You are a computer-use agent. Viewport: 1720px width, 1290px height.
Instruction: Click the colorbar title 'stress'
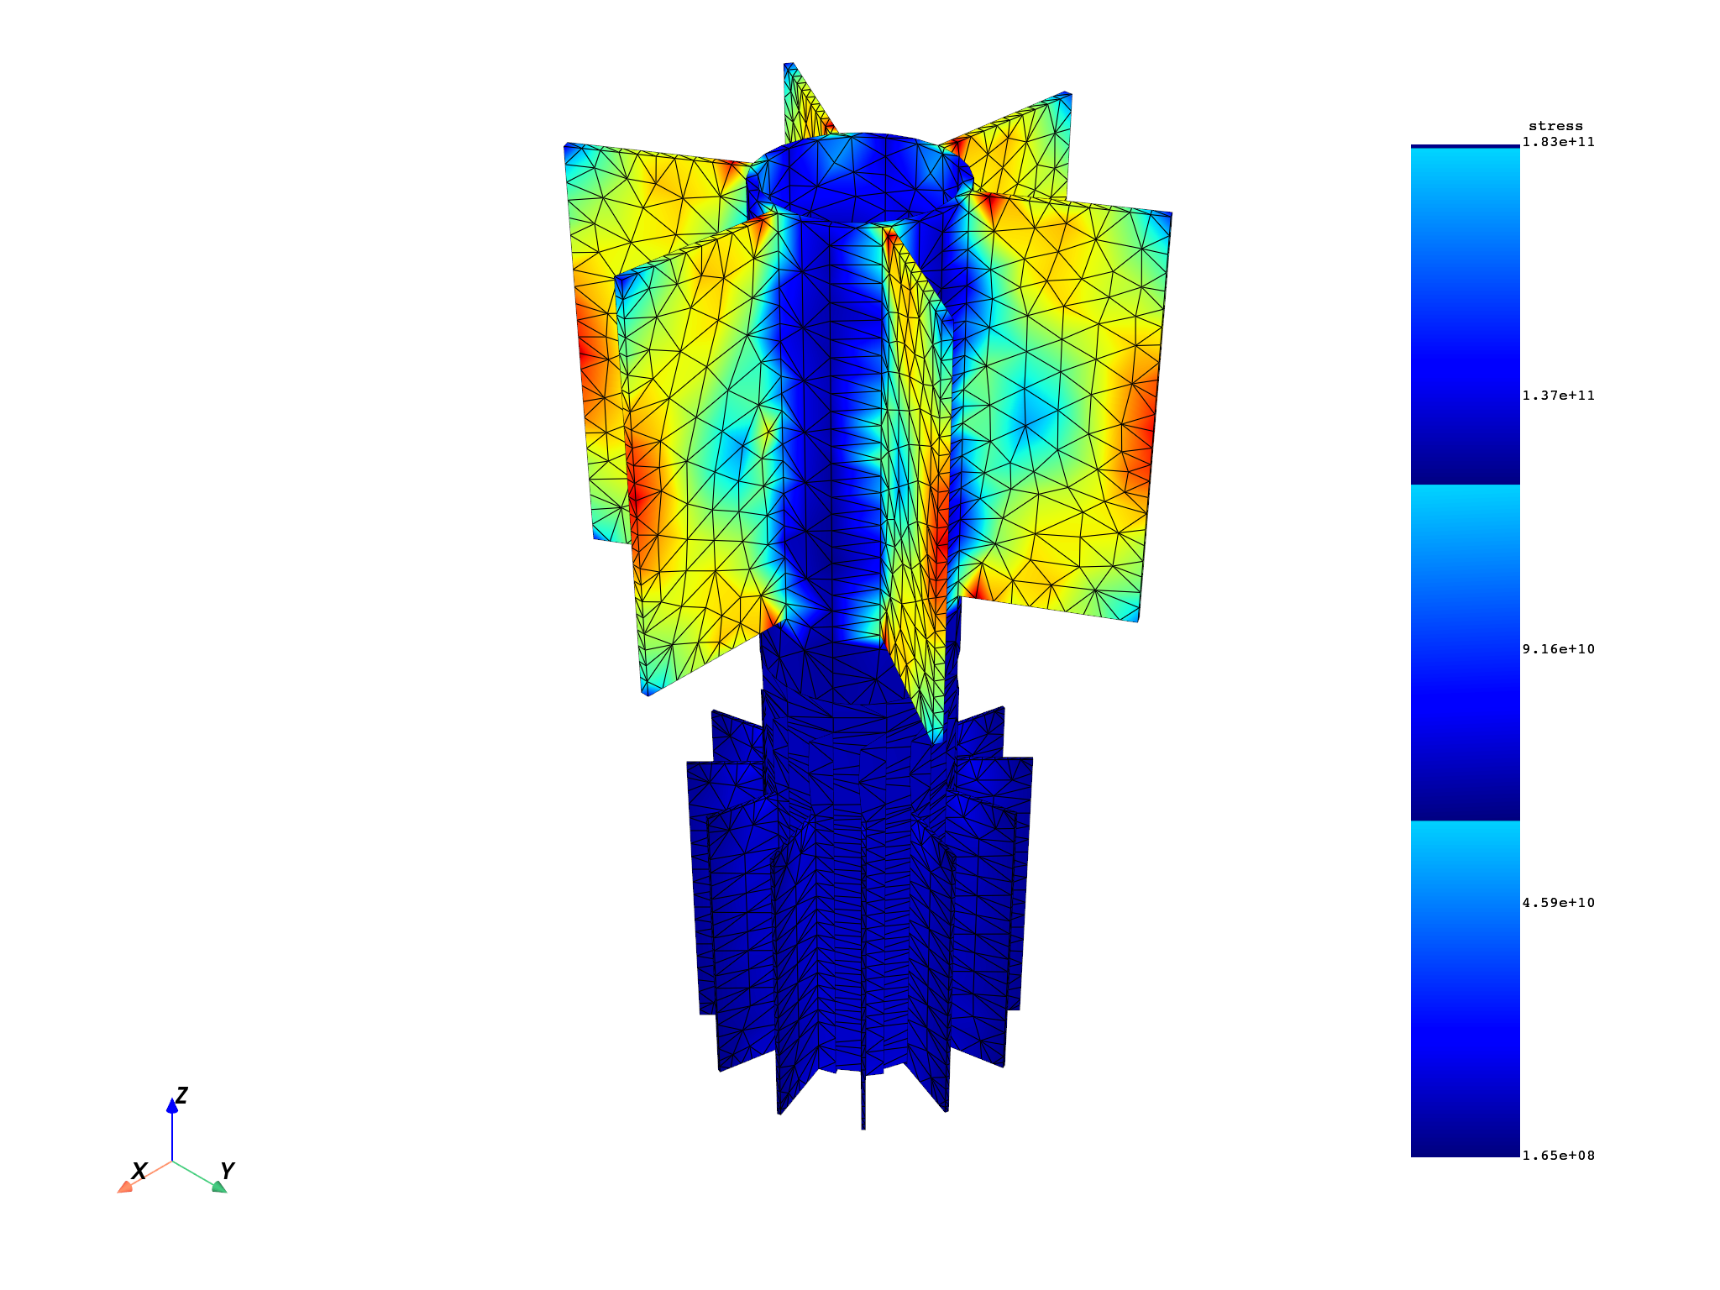click(1555, 127)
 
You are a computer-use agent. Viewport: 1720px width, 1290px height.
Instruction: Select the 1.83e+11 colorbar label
click(1558, 142)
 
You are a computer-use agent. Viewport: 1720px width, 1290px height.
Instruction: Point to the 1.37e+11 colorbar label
click(1558, 396)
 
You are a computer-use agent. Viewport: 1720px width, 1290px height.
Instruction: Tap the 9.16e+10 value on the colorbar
click(1558, 649)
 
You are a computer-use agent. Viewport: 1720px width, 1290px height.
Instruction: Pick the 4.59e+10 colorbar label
click(1558, 903)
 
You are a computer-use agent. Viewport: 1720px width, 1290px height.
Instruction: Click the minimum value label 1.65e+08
click(1558, 1156)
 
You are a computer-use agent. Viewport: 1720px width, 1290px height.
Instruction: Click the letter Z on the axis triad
click(181, 1096)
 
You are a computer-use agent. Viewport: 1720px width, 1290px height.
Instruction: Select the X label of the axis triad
click(140, 1172)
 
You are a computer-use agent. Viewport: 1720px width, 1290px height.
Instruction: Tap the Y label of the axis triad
click(227, 1171)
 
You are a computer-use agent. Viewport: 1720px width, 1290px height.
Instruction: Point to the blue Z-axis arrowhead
click(172, 1106)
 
